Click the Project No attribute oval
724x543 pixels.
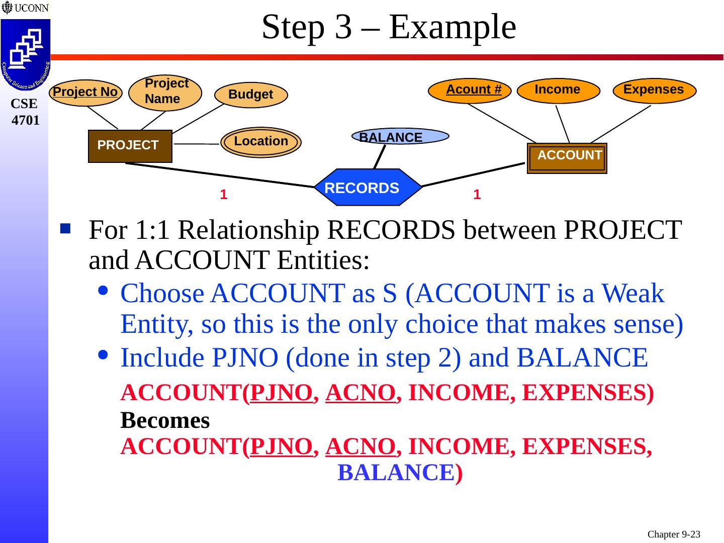(85, 93)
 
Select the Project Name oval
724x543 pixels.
(165, 92)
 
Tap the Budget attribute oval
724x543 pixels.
(251, 95)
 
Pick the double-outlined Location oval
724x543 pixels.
(261, 142)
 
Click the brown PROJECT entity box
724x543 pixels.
(130, 146)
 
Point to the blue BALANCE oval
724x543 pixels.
(400, 137)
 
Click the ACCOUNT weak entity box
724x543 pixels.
(567, 158)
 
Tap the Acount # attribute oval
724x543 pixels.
(470, 90)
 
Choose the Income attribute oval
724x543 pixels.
(558, 90)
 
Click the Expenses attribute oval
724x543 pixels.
(654, 90)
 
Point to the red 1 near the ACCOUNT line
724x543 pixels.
(477, 195)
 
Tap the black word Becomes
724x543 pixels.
(165, 421)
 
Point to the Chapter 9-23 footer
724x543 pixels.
(674, 534)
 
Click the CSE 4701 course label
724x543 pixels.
(25, 112)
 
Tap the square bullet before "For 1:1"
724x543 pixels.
(65, 229)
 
